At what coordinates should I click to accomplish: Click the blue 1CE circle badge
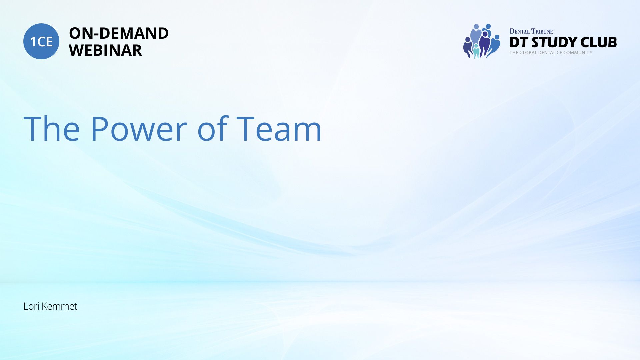coord(41,41)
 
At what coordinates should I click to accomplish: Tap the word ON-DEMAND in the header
coord(119,33)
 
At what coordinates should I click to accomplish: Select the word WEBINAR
coord(105,50)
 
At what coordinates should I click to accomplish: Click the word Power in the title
coord(139,129)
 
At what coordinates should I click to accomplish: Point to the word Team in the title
coord(279,129)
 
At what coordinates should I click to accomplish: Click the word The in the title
coord(52,129)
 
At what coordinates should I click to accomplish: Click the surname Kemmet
coord(59,306)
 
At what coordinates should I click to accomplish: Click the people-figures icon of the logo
coord(482,41)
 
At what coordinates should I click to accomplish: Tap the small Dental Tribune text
coord(531,31)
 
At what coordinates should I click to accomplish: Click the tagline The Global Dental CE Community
coord(551,53)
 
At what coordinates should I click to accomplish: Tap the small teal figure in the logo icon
coord(476,51)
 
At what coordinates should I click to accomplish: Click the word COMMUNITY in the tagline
coord(578,53)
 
